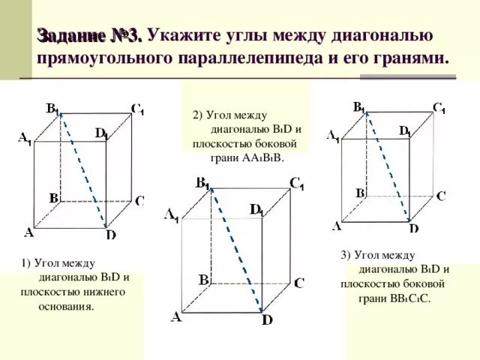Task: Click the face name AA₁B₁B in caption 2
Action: (256, 158)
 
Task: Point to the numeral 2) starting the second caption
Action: (198, 115)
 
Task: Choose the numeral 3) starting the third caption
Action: (346, 255)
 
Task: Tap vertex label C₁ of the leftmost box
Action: (137, 109)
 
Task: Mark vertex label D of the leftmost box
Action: (110, 235)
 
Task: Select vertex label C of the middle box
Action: (298, 283)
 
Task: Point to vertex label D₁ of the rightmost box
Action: (405, 131)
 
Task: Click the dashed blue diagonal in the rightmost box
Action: (387, 166)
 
